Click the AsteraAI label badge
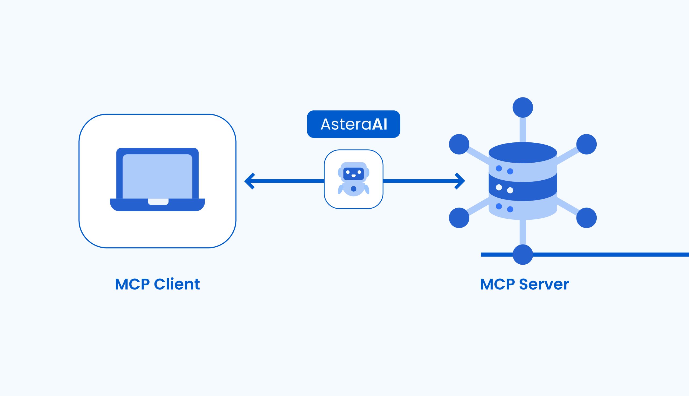(x=353, y=124)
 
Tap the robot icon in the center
(x=353, y=179)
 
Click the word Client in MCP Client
(x=177, y=285)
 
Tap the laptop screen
(x=157, y=176)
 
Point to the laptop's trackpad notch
(x=158, y=202)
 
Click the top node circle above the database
(x=523, y=107)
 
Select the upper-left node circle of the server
(x=459, y=144)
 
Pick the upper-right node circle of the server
(x=586, y=144)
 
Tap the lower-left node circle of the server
(x=459, y=218)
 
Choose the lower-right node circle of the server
(x=586, y=218)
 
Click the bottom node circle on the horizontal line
(x=523, y=255)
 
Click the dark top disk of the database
(x=523, y=153)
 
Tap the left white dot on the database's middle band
(x=499, y=187)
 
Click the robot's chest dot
(x=353, y=189)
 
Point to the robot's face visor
(x=353, y=174)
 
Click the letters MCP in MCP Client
(x=132, y=285)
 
